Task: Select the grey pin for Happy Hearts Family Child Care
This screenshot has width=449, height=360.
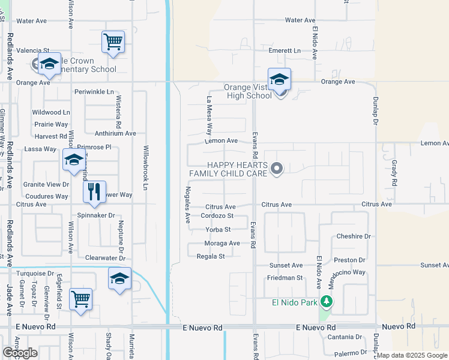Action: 276,169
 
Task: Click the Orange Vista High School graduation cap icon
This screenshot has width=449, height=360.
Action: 279,80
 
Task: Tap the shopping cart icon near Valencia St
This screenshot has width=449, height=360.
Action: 113,43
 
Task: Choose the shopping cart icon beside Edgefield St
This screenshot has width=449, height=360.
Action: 80,298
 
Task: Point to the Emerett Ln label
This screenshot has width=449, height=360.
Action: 285,51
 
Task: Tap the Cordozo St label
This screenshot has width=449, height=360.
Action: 217,216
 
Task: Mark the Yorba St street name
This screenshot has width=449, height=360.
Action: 218,229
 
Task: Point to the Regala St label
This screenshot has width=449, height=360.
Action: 210,256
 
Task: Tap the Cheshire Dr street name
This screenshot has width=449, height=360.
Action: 354,236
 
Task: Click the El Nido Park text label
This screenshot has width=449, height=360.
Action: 294,302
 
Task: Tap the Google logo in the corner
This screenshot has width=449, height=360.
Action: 20,353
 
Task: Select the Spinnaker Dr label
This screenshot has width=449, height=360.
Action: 96,215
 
